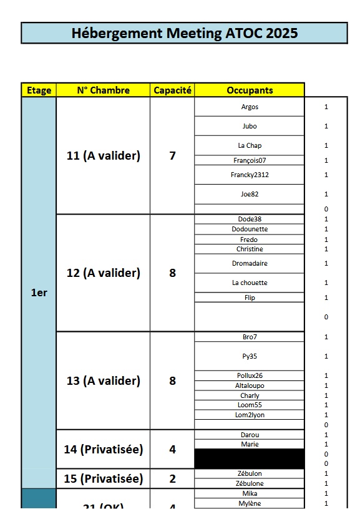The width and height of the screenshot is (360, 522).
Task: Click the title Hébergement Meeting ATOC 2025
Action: coord(184,33)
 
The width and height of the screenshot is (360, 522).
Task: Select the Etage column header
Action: coord(39,90)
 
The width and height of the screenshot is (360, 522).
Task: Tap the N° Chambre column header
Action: coord(103,90)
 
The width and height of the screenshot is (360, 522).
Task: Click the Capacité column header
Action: coord(172,90)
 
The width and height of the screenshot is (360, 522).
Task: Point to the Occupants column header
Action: coord(250,90)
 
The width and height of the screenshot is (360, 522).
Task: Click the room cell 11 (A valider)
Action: coord(103,156)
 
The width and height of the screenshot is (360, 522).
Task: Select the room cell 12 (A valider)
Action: coord(103,273)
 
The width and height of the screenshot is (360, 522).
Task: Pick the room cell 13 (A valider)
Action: coord(103,380)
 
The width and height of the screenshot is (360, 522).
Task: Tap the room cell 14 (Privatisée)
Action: coord(103,449)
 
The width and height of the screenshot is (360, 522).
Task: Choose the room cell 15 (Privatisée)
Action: coord(103,479)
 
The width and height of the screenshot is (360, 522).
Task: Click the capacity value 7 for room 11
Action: coord(172,156)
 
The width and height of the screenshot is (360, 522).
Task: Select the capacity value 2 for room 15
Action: coord(172,479)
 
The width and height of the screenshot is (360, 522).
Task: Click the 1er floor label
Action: coord(39,292)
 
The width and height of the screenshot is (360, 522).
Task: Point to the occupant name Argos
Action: coord(250,107)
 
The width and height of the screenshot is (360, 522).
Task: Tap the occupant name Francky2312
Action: coord(250,175)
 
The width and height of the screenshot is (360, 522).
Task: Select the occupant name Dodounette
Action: coord(250,230)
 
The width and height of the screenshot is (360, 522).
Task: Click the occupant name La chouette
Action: coord(250,283)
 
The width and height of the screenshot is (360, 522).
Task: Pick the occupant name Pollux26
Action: coord(250,375)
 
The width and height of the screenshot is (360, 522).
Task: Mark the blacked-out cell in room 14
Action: coord(250,459)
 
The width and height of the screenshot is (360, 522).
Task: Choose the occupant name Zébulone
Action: coord(250,483)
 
